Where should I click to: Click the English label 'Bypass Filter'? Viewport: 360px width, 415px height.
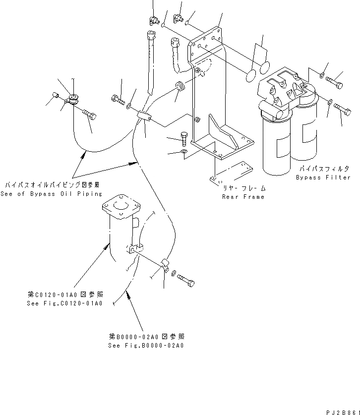pyautogui.click(x=323, y=177)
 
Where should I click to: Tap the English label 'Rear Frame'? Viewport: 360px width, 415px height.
pyautogui.click(x=243, y=197)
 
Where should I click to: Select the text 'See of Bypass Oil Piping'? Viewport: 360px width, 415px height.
pyautogui.click(x=51, y=194)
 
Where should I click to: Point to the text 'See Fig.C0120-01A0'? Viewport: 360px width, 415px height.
pyautogui.click(x=64, y=303)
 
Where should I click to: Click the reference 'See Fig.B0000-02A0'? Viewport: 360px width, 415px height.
pyautogui.click(x=146, y=346)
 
